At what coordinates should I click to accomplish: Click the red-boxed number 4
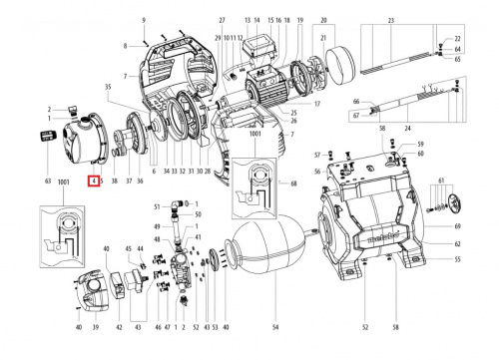[93, 181]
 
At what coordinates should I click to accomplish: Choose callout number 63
[46, 181]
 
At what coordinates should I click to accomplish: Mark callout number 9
[144, 20]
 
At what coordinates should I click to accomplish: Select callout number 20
[322, 20]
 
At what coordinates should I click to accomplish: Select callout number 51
[157, 205]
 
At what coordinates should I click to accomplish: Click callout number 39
[96, 327]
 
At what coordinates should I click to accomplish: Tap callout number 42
[120, 327]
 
